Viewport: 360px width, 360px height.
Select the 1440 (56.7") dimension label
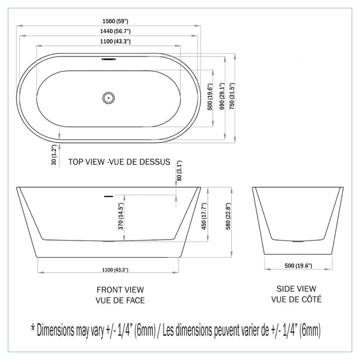tap(108, 33)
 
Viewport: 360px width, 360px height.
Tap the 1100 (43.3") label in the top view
tap(107, 41)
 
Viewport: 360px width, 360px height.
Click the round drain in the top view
tap(108, 98)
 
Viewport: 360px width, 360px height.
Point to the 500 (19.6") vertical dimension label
tap(211, 98)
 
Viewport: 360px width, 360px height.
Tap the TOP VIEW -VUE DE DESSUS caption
tap(119, 162)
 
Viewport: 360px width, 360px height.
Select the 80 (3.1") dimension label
tap(179, 171)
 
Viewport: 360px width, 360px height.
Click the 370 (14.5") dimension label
tap(120, 216)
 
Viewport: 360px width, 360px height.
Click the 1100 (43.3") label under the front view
tap(115, 269)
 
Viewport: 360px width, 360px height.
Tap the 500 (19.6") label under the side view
tap(298, 265)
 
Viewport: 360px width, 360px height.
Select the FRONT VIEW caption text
tap(120, 289)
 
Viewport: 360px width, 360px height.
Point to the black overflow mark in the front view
tap(108, 195)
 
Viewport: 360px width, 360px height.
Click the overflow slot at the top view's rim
tap(108, 59)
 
